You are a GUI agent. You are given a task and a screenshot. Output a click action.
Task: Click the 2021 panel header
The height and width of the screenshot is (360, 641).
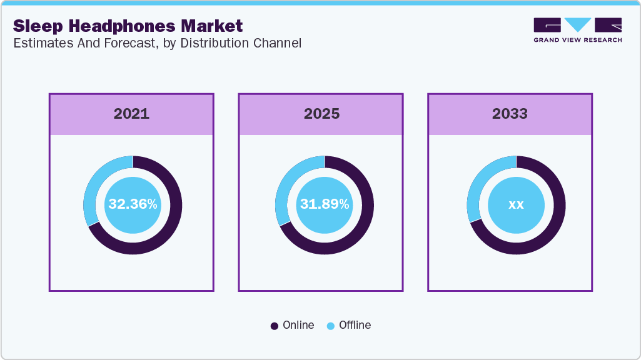click(131, 114)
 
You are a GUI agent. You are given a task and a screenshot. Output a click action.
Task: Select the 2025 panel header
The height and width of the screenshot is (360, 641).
click(321, 114)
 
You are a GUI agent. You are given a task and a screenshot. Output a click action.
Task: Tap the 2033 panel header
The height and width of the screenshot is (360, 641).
click(510, 114)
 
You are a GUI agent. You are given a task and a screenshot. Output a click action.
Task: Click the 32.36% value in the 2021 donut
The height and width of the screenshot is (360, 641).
click(133, 204)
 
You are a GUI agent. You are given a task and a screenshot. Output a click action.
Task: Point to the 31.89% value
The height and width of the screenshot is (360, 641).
click(325, 204)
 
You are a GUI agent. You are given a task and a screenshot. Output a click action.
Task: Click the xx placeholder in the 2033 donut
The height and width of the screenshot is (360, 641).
click(516, 204)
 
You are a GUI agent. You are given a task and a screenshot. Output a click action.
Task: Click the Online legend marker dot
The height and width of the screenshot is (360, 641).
click(275, 326)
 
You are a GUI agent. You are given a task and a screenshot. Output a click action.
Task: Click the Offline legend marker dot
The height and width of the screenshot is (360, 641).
click(331, 326)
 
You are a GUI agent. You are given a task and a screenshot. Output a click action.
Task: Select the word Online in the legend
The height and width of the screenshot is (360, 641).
click(298, 325)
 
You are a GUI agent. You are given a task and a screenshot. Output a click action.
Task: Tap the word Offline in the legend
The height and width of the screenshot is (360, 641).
click(355, 325)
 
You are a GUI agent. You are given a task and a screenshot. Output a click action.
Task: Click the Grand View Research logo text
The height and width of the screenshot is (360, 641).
click(577, 40)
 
